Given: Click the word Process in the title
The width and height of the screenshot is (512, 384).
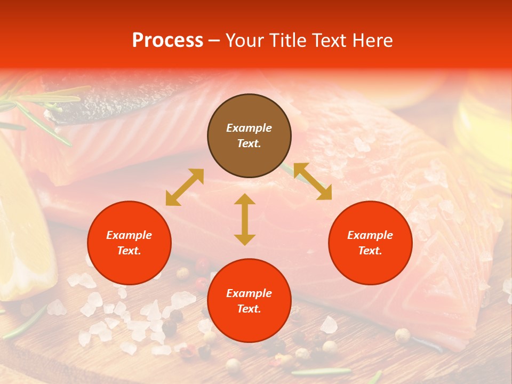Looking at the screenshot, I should coord(167,41).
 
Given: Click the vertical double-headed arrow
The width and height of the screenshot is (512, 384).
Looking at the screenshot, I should coord(245,219).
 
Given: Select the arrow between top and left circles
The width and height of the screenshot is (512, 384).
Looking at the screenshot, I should coord(185,187).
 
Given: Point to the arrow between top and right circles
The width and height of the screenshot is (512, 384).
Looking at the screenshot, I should coord(313,181).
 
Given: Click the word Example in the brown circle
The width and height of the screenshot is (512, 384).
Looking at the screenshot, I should coord(249,128).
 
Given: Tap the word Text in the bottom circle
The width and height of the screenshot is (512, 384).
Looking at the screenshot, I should coord(249,309).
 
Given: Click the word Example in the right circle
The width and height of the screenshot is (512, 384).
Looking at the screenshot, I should coord(370,235).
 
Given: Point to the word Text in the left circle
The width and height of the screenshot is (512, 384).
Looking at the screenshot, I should coord(129,251).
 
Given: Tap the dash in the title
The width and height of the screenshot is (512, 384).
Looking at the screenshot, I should coord(214,41).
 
